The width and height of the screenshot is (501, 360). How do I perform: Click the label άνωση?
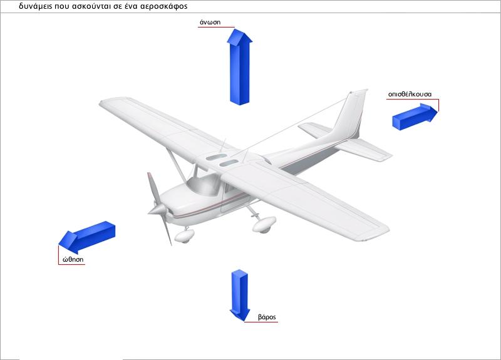point(210,22)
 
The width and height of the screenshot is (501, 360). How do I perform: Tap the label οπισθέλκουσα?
point(410,95)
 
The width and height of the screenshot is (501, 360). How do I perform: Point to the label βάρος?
point(267,317)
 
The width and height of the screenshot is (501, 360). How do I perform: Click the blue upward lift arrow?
point(240,67)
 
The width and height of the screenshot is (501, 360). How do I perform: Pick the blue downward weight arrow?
point(240,296)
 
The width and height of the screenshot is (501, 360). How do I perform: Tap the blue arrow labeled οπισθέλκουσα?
point(415,116)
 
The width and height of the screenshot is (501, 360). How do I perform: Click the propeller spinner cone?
point(157,210)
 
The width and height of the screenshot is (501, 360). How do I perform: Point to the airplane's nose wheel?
point(184,236)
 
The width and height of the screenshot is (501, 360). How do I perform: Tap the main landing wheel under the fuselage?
point(264,224)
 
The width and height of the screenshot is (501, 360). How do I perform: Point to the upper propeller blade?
point(152,188)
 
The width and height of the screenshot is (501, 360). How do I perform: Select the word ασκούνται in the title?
point(92,6)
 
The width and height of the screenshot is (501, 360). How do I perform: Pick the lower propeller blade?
point(166,229)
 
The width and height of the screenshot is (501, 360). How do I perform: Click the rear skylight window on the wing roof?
point(217,157)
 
